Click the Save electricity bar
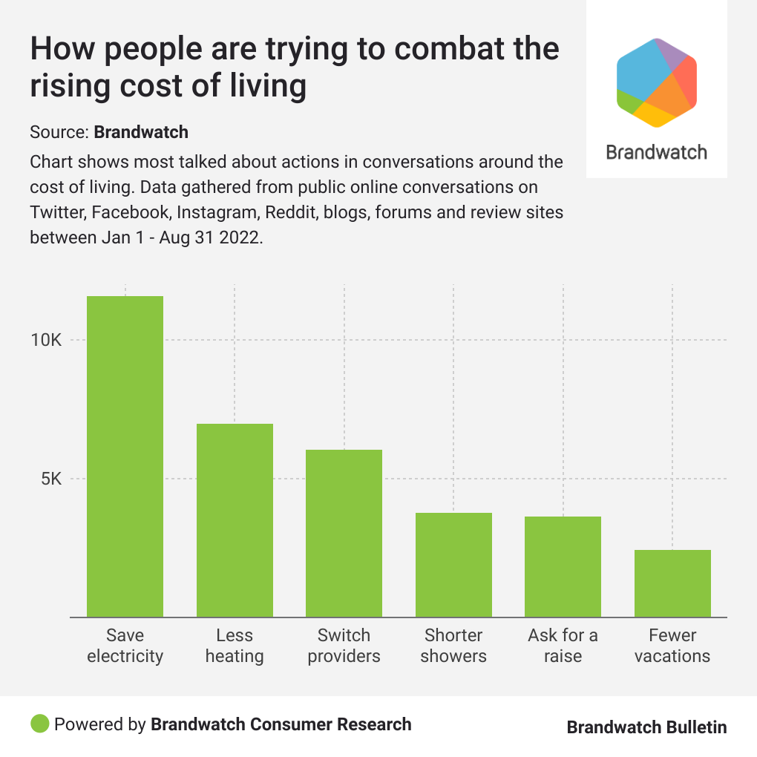pyautogui.click(x=125, y=456)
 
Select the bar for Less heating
pyautogui.click(x=235, y=520)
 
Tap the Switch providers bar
pyautogui.click(x=344, y=533)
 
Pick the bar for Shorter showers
pyautogui.click(x=453, y=564)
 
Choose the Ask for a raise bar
pyautogui.click(x=563, y=566)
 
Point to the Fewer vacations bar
pyautogui.click(x=672, y=583)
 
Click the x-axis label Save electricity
pyautogui.click(x=125, y=646)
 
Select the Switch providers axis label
pyautogui.click(x=344, y=646)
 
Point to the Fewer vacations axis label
pyautogui.click(x=672, y=646)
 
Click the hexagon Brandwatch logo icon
pyautogui.click(x=657, y=82)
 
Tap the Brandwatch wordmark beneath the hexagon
pyautogui.click(x=657, y=152)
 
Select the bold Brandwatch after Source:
pyautogui.click(x=141, y=133)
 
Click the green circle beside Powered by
pyautogui.click(x=40, y=724)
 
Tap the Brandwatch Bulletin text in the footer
pyautogui.click(x=646, y=727)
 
